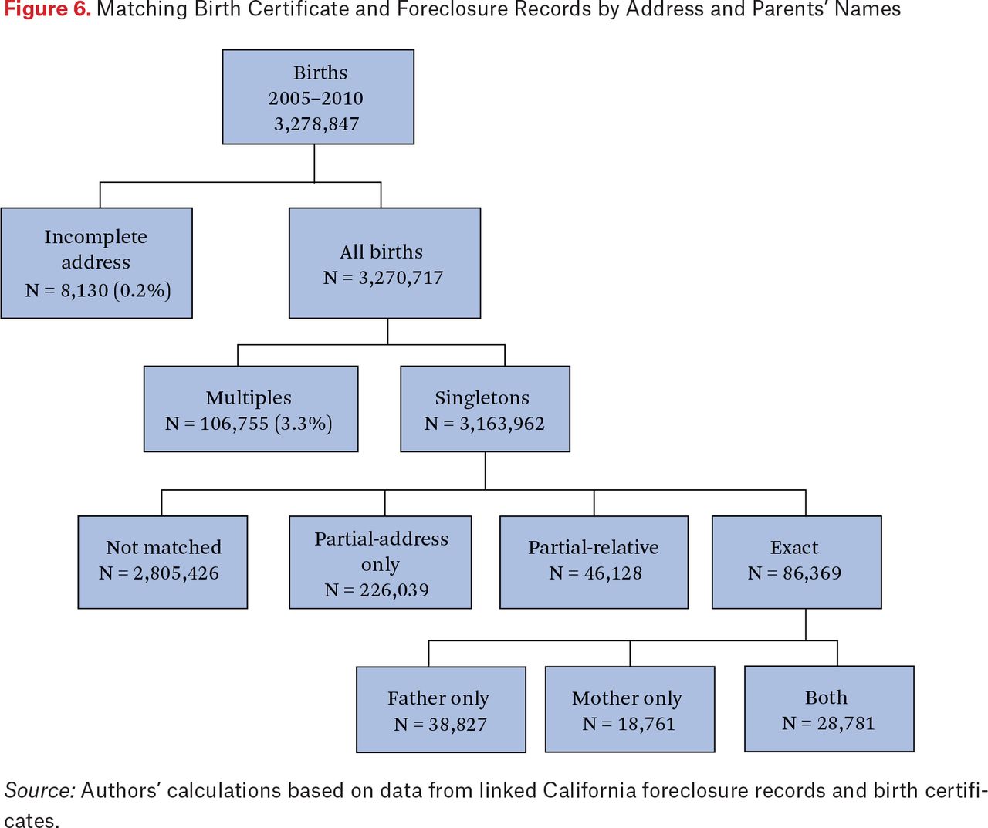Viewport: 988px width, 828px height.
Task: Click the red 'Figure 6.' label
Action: tap(47, 9)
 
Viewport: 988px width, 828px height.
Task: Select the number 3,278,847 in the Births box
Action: tap(316, 124)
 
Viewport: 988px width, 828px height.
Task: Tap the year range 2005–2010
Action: tap(316, 99)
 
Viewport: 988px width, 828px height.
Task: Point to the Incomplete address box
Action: tap(96, 263)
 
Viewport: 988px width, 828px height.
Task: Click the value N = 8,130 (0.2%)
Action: tap(98, 290)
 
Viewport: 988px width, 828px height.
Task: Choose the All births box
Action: tap(384, 263)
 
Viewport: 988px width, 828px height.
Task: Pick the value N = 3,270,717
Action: tap(384, 278)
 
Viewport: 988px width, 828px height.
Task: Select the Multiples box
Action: tap(251, 409)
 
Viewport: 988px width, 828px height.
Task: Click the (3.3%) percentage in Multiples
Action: tap(303, 424)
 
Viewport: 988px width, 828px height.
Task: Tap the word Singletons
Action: tap(482, 398)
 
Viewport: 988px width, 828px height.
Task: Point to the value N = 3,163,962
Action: tap(485, 424)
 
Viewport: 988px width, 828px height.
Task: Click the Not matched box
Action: tap(163, 562)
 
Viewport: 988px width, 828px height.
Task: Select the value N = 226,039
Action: tap(377, 590)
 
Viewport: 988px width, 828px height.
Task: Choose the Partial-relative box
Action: tap(594, 562)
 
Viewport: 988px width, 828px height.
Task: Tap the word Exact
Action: tap(794, 547)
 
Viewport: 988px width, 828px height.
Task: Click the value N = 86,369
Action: tap(794, 573)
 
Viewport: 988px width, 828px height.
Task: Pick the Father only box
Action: tap(441, 709)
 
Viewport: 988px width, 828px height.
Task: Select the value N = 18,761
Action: tap(628, 724)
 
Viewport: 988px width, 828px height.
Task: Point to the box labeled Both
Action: tap(830, 708)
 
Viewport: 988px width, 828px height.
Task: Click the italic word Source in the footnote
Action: tap(39, 790)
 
